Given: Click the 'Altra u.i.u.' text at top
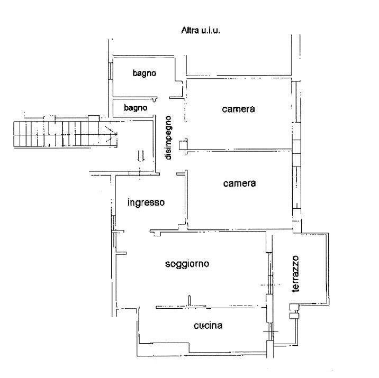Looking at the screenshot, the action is (201, 31).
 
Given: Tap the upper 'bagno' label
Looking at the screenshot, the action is (145, 73).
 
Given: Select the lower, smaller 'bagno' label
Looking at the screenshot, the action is (136, 108).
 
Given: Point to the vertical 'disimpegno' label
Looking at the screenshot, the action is (168, 137).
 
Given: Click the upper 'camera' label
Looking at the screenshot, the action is (238, 109).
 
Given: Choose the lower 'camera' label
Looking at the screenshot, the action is (239, 183).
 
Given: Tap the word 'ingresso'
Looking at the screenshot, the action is (146, 202).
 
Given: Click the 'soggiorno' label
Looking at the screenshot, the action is (187, 264).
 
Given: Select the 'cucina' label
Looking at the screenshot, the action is (208, 325).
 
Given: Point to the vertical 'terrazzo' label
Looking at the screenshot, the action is (295, 274).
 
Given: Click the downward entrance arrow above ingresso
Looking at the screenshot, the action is (141, 156).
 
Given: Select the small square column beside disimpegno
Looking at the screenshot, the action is (183, 145).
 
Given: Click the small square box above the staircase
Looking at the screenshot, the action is (94, 118).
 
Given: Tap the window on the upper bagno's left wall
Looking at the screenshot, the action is (110, 71).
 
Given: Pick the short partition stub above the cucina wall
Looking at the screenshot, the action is (189, 301).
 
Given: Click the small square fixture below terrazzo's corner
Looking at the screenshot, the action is (294, 316).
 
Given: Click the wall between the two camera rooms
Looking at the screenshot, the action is (239, 150).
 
